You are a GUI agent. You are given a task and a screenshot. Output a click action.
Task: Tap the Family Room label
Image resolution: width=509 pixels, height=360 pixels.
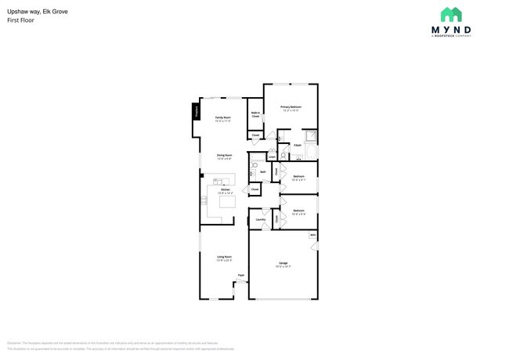(223, 119)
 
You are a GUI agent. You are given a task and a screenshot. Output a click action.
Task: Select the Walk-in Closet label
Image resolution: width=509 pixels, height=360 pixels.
(255, 114)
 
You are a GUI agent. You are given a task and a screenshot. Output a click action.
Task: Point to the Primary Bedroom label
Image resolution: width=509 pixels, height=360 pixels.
(291, 108)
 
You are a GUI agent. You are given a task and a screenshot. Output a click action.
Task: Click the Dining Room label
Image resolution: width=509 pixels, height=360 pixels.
(224, 156)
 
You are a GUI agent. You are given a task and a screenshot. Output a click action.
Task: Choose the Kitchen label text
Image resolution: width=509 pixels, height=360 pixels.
(224, 191)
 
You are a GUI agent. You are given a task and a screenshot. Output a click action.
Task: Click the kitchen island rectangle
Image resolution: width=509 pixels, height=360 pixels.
(226, 202)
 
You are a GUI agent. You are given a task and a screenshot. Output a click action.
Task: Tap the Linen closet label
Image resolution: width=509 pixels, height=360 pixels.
(272, 157)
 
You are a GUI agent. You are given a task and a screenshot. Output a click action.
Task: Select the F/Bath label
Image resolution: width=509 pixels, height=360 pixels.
(298, 145)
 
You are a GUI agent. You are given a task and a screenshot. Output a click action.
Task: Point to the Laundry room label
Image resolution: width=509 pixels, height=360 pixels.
(261, 219)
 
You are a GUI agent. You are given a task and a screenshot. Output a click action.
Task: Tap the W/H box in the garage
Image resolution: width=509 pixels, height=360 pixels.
(312, 235)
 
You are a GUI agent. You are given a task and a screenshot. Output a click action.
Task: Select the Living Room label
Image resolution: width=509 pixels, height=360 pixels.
(223, 258)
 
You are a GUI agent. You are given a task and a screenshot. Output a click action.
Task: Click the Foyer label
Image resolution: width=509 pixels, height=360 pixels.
(241, 275)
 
